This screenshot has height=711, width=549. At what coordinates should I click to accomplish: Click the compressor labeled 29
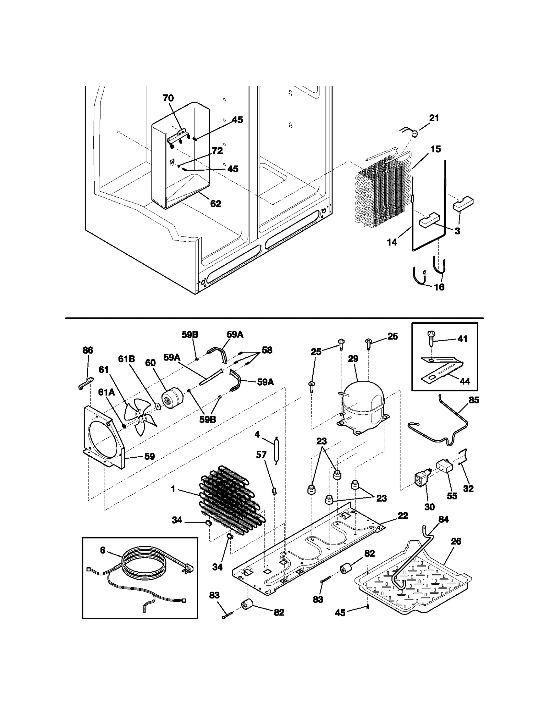pyautogui.click(x=363, y=404)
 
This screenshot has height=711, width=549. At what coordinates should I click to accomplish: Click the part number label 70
pyautogui.click(x=168, y=98)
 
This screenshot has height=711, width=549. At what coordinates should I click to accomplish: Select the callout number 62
pyautogui.click(x=215, y=204)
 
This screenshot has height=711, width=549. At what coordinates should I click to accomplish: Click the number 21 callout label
pyautogui.click(x=434, y=118)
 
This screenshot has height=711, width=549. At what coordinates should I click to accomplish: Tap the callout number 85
pyautogui.click(x=474, y=400)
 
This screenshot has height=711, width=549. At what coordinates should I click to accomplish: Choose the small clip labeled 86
pyautogui.click(x=83, y=383)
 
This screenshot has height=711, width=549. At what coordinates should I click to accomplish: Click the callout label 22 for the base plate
pyautogui.click(x=403, y=516)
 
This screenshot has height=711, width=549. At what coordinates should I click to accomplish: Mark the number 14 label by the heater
pyautogui.click(x=392, y=242)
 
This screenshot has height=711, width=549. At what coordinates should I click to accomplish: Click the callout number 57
pyautogui.click(x=261, y=455)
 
